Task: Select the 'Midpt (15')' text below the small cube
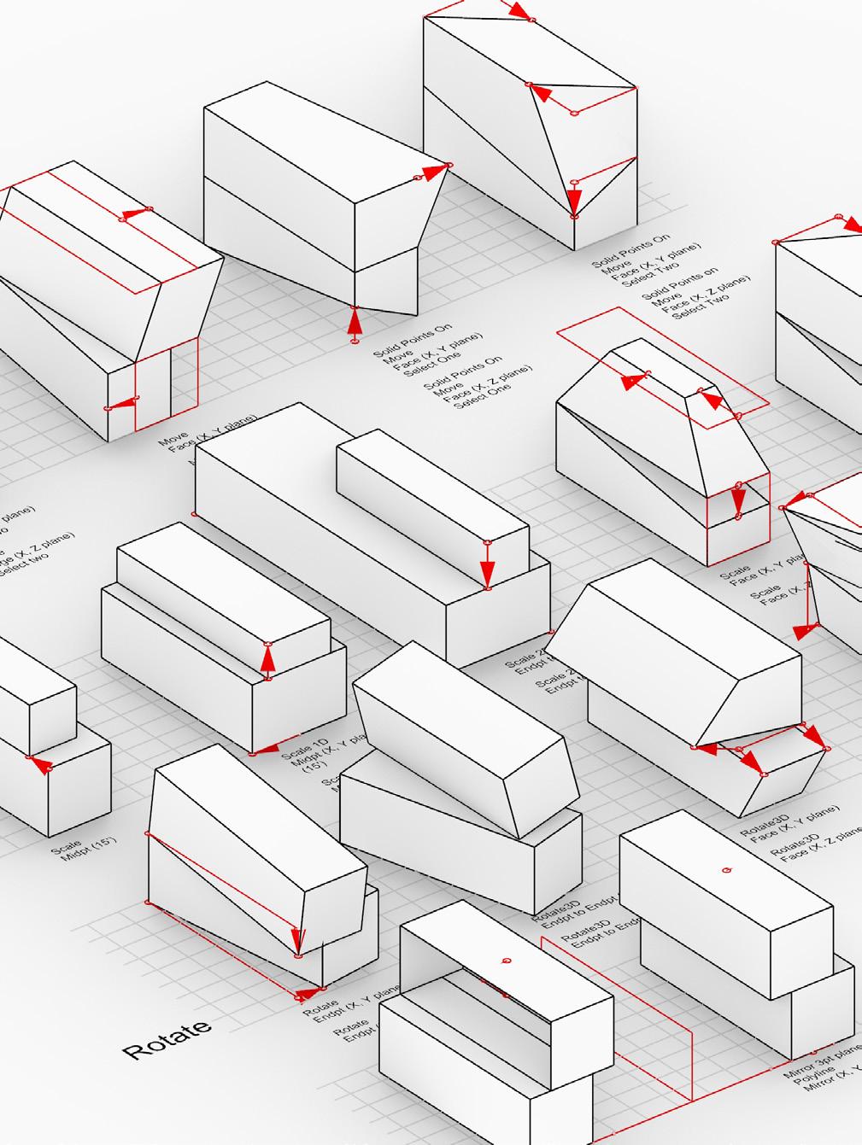[x=89, y=850]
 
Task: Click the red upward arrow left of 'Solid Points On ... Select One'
[x=355, y=323]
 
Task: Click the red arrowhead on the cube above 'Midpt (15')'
[x=39, y=763]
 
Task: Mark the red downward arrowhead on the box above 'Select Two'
[x=574, y=202]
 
